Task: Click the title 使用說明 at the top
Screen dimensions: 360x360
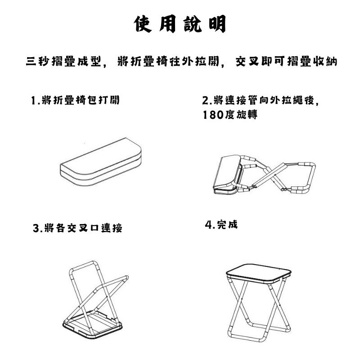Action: [180, 24]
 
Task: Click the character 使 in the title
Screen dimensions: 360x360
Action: [143, 24]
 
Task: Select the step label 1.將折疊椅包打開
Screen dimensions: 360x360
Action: [75, 100]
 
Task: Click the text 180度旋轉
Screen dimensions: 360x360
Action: [230, 114]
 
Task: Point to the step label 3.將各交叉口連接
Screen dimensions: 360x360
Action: [77, 228]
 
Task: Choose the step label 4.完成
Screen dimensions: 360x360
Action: [221, 225]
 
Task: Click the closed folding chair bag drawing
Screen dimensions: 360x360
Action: [100, 162]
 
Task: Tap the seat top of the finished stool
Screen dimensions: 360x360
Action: [259, 273]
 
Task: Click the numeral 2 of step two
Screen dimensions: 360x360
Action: [205, 100]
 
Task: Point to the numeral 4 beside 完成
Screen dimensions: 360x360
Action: [208, 225]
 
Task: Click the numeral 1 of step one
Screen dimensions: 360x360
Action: [33, 100]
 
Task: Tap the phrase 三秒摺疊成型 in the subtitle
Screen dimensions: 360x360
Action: [63, 62]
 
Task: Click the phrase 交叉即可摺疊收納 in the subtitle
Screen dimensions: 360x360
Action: [286, 61]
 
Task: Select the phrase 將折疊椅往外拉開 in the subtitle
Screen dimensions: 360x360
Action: [168, 61]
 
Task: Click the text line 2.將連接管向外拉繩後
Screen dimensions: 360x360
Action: [261, 100]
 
